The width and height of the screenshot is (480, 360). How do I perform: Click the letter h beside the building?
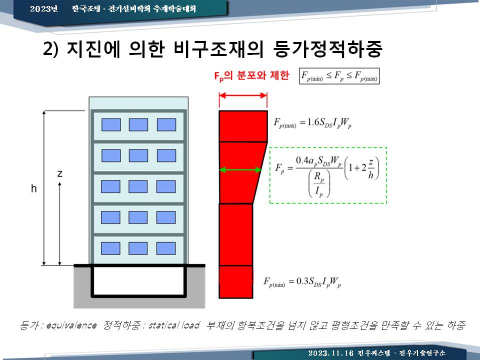[33, 188]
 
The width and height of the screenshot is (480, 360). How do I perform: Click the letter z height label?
[59, 174]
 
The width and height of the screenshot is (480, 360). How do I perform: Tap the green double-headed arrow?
[240, 169]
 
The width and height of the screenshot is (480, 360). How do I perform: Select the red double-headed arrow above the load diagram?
[243, 95]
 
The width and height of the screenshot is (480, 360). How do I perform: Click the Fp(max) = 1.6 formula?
[312, 123]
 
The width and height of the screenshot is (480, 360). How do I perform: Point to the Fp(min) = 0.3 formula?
[302, 282]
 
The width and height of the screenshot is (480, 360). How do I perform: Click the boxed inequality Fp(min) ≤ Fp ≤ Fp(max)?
[339, 76]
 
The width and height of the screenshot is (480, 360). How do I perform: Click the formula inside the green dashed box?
[327, 175]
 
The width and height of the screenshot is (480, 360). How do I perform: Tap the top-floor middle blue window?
[138, 124]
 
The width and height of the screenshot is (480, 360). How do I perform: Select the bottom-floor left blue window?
[110, 248]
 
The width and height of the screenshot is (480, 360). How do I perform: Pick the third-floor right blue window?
[166, 186]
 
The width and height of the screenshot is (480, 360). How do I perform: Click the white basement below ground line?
[138, 280]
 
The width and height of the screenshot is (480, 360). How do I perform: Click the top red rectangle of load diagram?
[243, 126]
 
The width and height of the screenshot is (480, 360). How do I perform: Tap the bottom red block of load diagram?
[235, 282]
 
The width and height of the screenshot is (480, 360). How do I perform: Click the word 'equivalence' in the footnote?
[71, 325]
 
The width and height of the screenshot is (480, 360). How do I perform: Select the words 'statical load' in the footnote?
[174, 325]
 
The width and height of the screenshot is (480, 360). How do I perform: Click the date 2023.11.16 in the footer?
[330, 353]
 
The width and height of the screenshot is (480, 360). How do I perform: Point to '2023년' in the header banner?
[44, 8]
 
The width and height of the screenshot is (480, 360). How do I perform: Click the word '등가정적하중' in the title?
[327, 48]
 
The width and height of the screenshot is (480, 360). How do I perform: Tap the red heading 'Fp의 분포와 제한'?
[251, 75]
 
